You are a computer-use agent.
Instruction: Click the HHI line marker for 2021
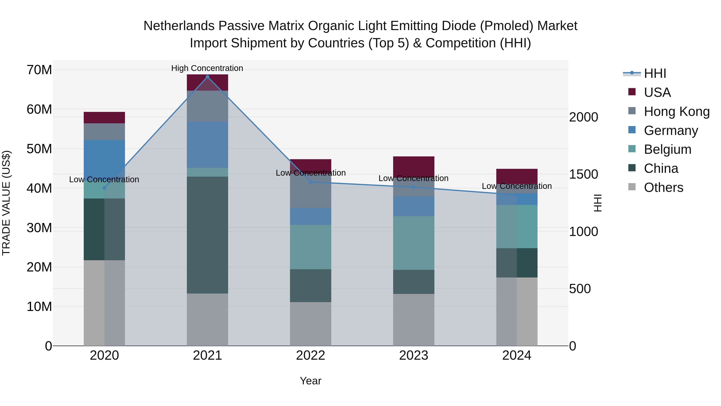[207, 77]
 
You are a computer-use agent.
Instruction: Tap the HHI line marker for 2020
[104, 188]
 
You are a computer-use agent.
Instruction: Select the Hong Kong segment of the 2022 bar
[310, 191]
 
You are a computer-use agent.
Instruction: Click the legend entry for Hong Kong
[677, 111]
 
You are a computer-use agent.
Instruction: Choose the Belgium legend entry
[667, 149]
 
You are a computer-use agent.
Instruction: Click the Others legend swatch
[632, 187]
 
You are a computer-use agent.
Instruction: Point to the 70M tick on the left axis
[39, 70]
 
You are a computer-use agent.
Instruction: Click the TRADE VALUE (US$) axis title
[6, 203]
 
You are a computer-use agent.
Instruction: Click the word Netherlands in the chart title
[179, 26]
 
